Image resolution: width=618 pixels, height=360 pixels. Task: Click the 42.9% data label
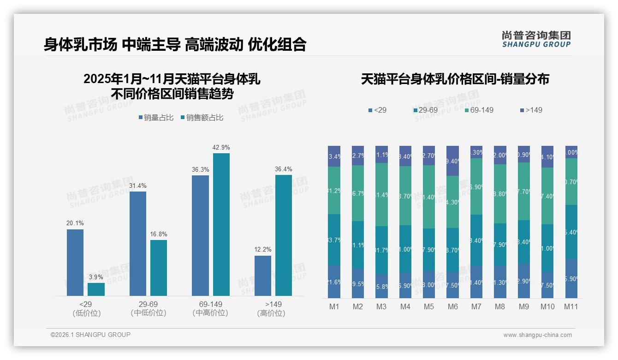(x=221, y=147)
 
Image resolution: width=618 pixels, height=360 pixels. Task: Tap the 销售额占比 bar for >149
(x=284, y=235)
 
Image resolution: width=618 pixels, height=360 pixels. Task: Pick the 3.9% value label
(x=96, y=277)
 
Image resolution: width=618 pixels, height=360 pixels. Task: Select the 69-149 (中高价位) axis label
(x=210, y=308)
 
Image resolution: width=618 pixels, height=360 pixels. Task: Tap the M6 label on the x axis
(x=452, y=306)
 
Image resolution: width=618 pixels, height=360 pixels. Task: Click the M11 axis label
(x=571, y=306)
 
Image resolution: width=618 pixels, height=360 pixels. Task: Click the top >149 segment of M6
(x=452, y=161)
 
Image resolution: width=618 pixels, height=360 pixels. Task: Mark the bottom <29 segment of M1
(x=334, y=282)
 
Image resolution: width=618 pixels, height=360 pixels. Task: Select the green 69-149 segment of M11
(x=571, y=181)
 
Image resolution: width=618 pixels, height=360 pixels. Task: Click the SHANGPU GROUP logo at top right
(x=536, y=39)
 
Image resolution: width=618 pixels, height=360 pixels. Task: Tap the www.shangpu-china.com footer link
(x=537, y=335)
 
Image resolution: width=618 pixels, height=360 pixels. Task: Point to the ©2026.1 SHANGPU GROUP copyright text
(x=90, y=335)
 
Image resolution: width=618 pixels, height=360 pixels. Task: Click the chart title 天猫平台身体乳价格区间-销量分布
(x=455, y=79)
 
